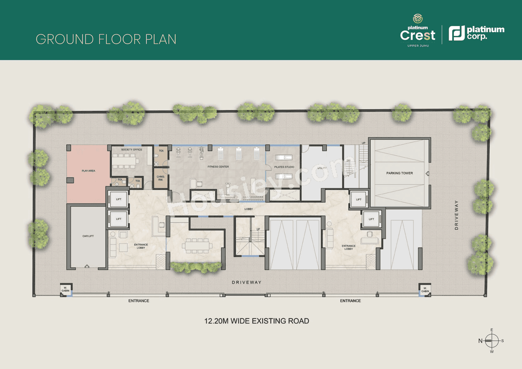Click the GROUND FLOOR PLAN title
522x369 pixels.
[x=106, y=39]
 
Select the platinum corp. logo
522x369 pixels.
[x=476, y=33]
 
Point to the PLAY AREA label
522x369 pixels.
[x=88, y=171]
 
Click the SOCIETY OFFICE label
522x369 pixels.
[x=131, y=150]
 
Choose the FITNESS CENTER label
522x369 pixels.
[x=218, y=167]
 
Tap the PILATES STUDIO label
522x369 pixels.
[x=284, y=167]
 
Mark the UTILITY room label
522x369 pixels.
[x=322, y=168]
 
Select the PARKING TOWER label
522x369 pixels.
[x=399, y=173]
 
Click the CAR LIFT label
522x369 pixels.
[x=88, y=236]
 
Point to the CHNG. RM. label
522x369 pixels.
[x=160, y=178]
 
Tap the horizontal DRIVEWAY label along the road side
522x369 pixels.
[x=246, y=282]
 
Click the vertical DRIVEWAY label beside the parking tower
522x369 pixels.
[x=456, y=215]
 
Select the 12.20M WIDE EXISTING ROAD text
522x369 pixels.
[x=257, y=321]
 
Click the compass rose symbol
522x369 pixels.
[x=491, y=340]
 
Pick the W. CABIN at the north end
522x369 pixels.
[x=65, y=289]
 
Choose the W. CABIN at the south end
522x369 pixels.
[x=425, y=289]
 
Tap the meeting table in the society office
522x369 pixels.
[x=126, y=161]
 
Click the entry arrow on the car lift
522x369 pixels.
[x=87, y=266]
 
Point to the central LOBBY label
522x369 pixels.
[x=248, y=209]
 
